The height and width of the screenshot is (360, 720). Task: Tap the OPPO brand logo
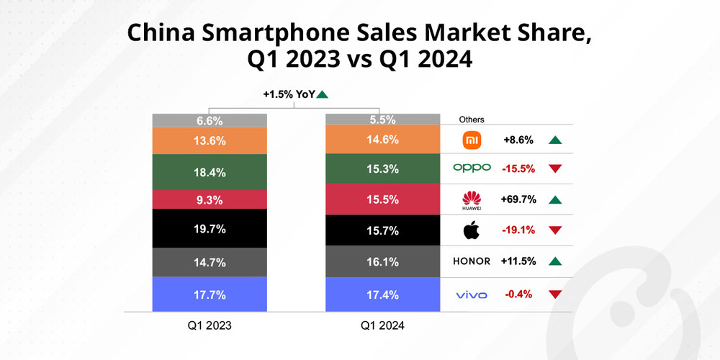tap(472, 168)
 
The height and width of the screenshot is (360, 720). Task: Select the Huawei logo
tap(472, 199)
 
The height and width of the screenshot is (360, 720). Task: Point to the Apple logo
tap(472, 231)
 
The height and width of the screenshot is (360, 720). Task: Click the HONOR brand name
tap(472, 261)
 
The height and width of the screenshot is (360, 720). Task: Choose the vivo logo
tap(472, 294)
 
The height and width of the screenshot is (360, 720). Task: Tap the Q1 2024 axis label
tap(382, 326)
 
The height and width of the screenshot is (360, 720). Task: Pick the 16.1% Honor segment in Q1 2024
tap(382, 262)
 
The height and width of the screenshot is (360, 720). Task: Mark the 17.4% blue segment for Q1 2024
tap(382, 295)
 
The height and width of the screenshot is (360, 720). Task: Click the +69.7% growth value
tap(519, 199)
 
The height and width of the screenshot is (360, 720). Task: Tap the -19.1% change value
tap(519, 231)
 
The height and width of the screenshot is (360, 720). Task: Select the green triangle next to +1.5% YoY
tap(322, 94)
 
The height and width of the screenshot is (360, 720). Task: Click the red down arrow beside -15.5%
tap(554, 168)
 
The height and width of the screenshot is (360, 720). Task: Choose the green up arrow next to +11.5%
tap(554, 261)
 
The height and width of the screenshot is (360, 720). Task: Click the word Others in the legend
tap(471, 120)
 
